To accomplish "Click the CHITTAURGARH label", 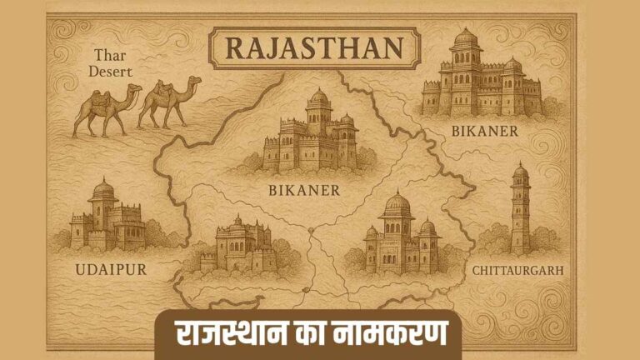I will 517,270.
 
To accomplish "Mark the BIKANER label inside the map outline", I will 304,190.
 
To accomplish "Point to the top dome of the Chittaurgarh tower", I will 520,169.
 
